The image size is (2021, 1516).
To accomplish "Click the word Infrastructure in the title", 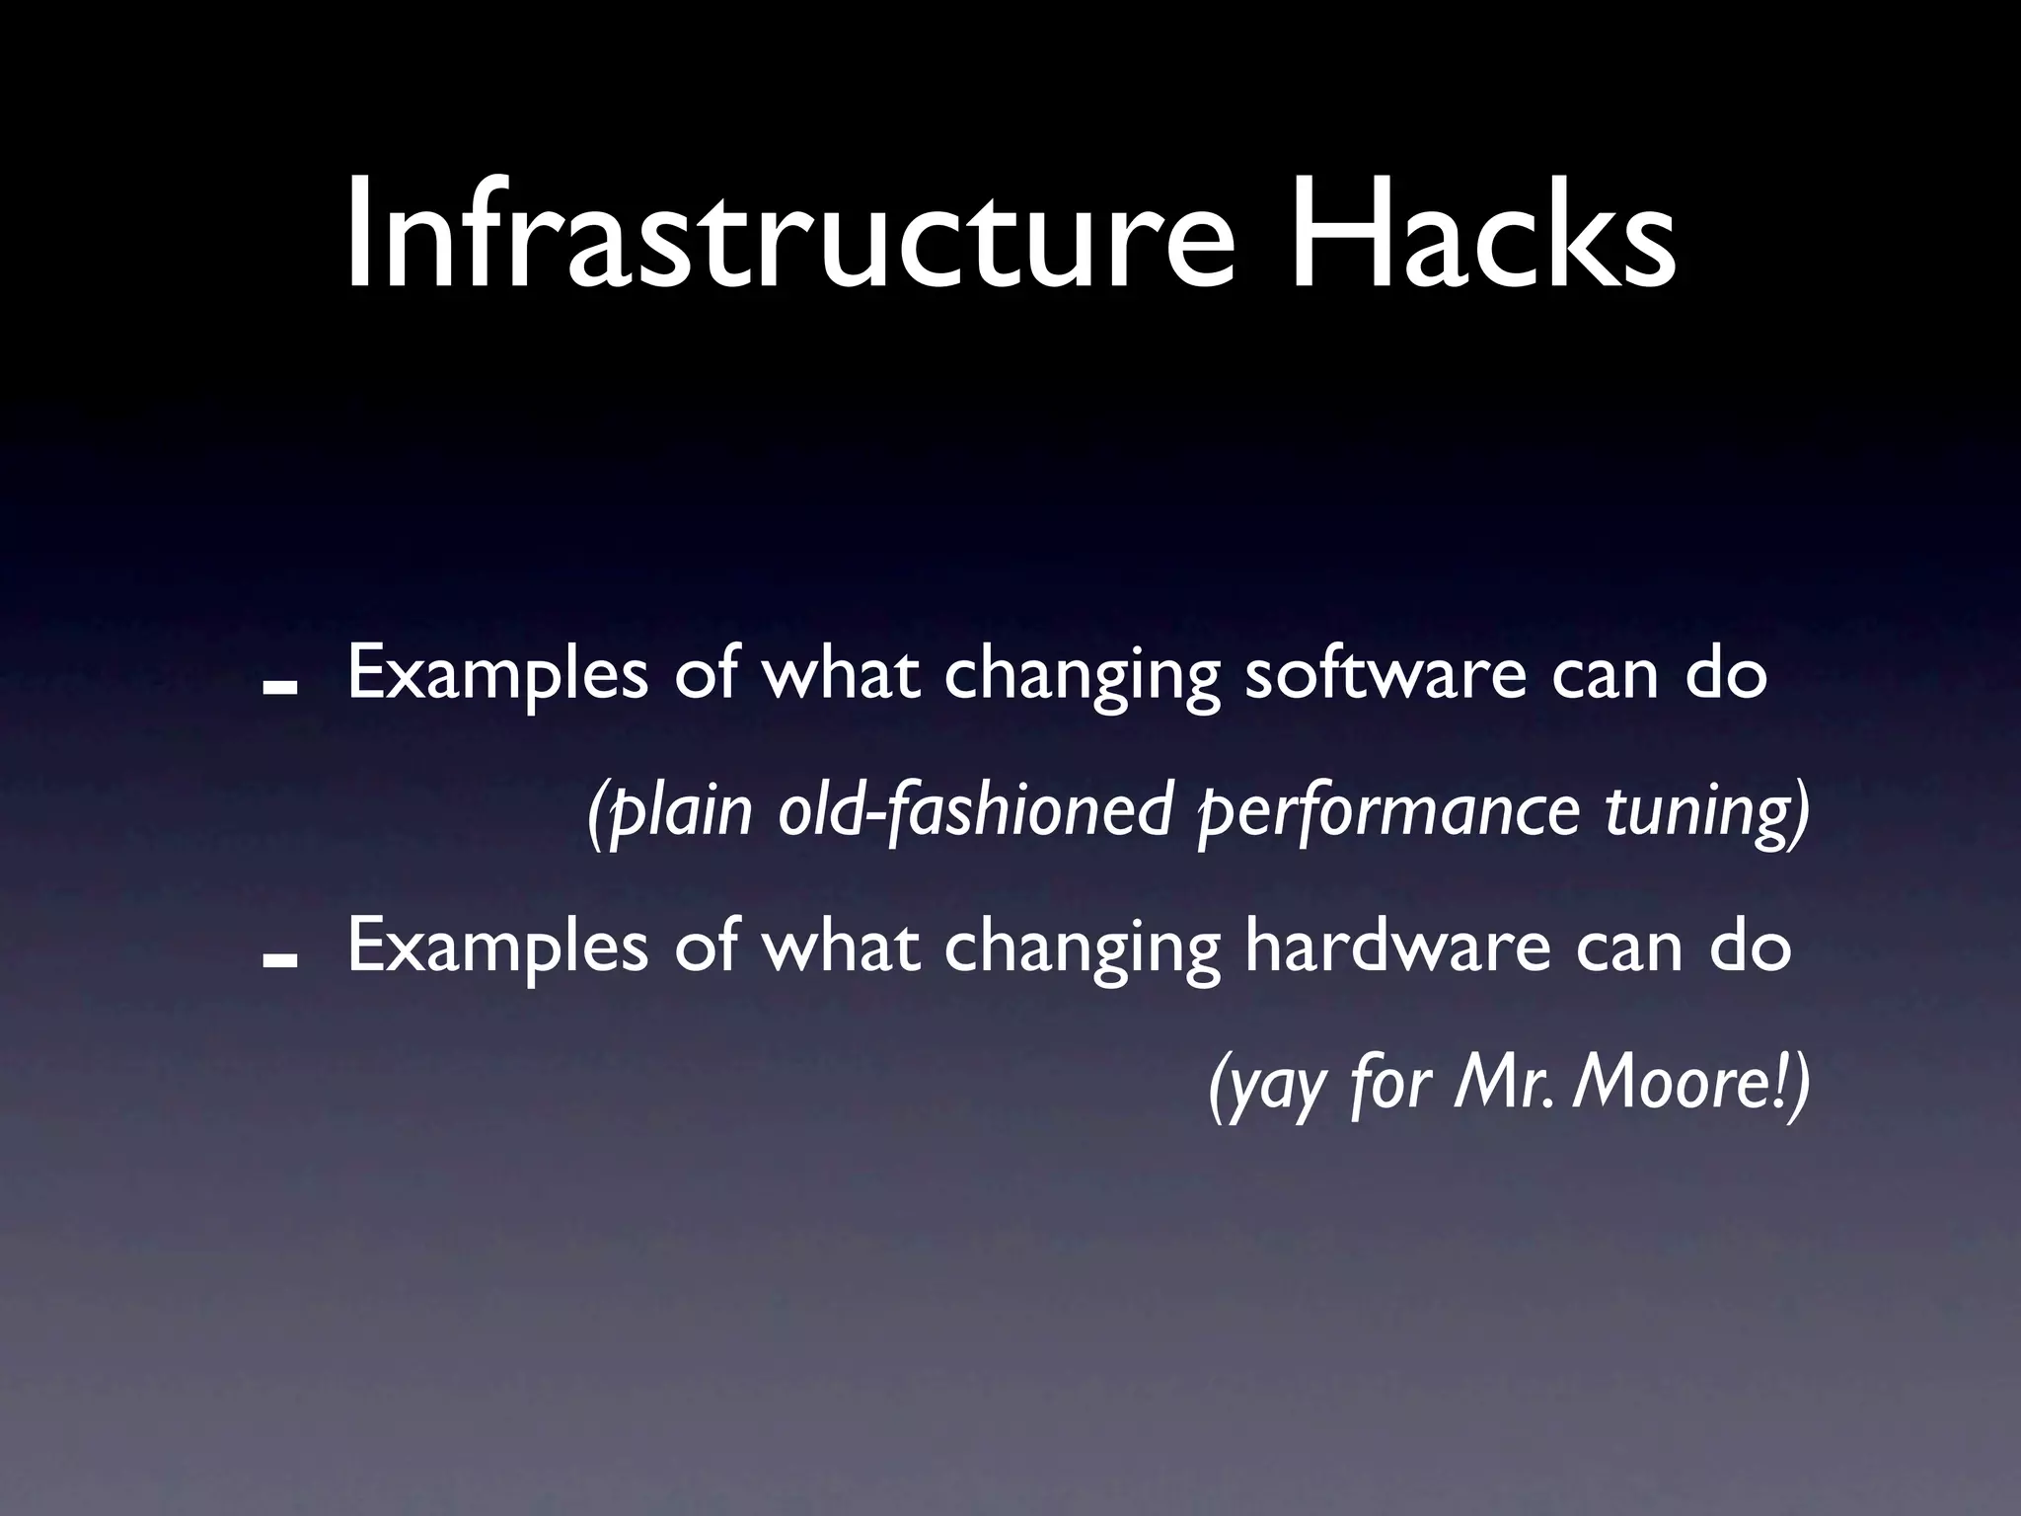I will click(789, 237).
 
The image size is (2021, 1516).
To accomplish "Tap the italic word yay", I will click(1273, 1086).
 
